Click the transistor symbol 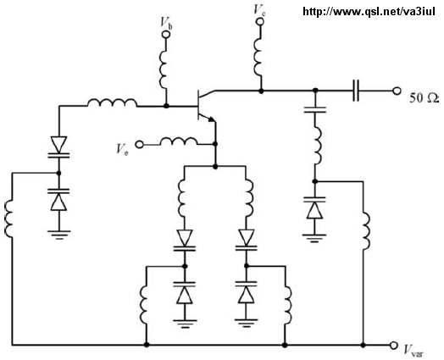point(204,105)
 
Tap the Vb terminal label point(166,22)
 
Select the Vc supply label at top point(259,10)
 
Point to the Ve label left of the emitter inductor point(122,149)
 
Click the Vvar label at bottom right point(413,350)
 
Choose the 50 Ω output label point(424,98)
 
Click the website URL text point(369,12)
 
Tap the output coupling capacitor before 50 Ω point(356,91)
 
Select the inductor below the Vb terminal point(164,68)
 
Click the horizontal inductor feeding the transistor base point(113,102)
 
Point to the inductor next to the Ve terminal point(179,141)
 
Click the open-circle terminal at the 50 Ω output point(397,91)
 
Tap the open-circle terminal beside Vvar point(393,345)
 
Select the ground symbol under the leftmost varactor point(59,235)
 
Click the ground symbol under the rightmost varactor point(314,238)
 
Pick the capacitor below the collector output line point(315,110)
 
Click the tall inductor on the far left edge point(8,218)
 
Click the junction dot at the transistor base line point(166,106)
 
